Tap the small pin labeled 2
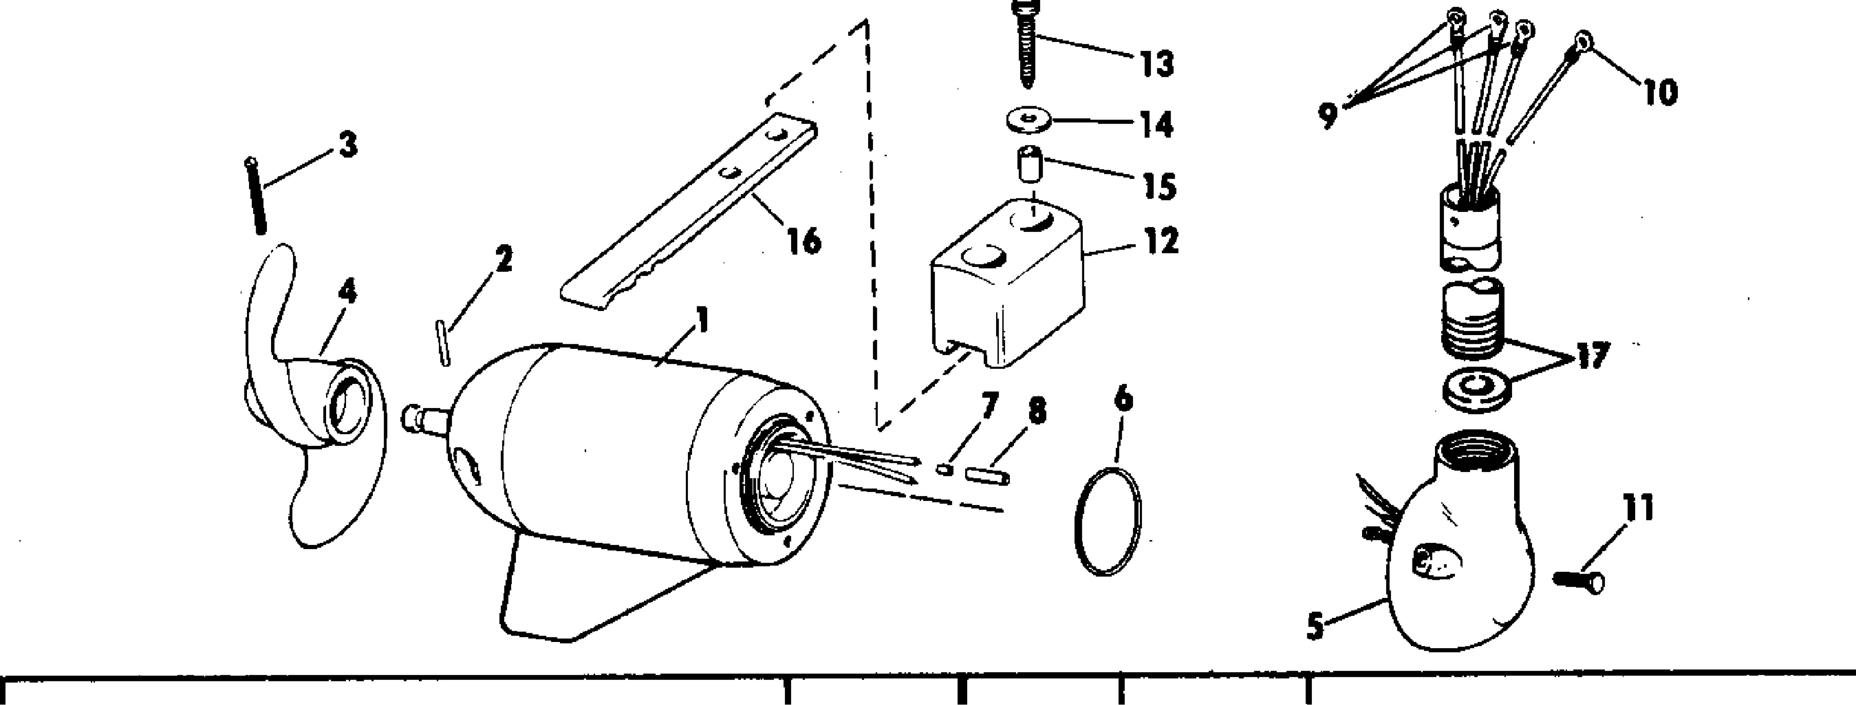coord(445,345)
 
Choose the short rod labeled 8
coord(989,476)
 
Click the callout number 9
coord(1328,115)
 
